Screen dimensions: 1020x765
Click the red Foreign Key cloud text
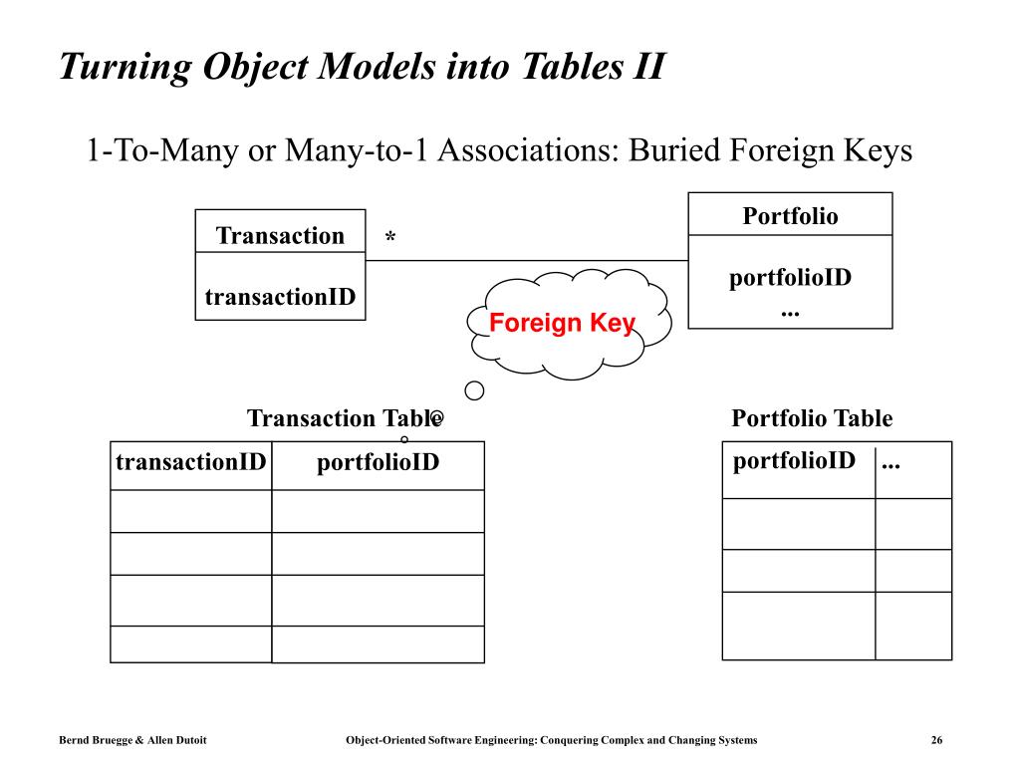pyautogui.click(x=562, y=324)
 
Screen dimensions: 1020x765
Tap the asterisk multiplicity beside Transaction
pyautogui.click(x=390, y=236)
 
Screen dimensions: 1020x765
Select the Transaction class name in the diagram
pyautogui.click(x=280, y=235)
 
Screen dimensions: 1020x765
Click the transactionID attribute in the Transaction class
pyautogui.click(x=280, y=297)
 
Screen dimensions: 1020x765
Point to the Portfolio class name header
pyautogui.click(x=790, y=216)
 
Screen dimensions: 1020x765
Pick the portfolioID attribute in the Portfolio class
pyautogui.click(x=790, y=278)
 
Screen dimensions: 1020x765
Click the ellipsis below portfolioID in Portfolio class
pyautogui.click(x=790, y=314)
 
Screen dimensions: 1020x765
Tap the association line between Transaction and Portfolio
pyautogui.click(x=527, y=261)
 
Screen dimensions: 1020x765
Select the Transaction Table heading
pyautogui.click(x=345, y=418)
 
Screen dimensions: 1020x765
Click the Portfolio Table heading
pyautogui.click(x=812, y=418)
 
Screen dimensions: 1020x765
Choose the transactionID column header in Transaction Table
pyautogui.click(x=190, y=462)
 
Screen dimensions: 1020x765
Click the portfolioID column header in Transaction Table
pyautogui.click(x=378, y=463)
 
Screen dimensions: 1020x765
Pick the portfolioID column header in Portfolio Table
pyautogui.click(x=794, y=461)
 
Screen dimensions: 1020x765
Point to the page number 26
pyautogui.click(x=936, y=740)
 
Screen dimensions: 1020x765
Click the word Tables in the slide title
pyautogui.click(x=572, y=67)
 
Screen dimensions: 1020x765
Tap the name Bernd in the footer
pyautogui.click(x=73, y=740)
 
